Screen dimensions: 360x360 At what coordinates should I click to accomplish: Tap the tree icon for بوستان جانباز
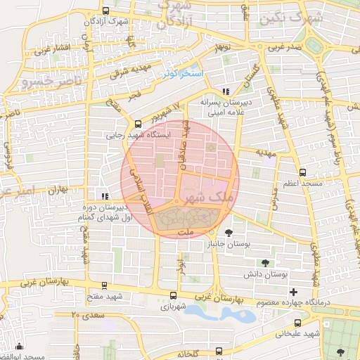click(228, 233)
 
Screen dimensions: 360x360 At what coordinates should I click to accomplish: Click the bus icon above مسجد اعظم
click(302, 172)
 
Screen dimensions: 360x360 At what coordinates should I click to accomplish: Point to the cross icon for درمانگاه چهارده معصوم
click(293, 292)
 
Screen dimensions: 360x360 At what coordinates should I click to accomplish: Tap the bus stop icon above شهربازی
click(174, 296)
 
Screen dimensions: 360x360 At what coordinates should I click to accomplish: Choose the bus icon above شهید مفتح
click(104, 285)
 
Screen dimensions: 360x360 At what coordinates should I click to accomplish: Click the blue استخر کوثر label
click(182, 73)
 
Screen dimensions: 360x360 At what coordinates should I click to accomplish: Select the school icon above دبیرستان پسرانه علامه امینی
click(225, 91)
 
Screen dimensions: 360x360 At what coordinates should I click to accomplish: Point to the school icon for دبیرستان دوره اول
click(104, 197)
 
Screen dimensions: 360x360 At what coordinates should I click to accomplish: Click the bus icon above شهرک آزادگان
click(105, 11)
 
